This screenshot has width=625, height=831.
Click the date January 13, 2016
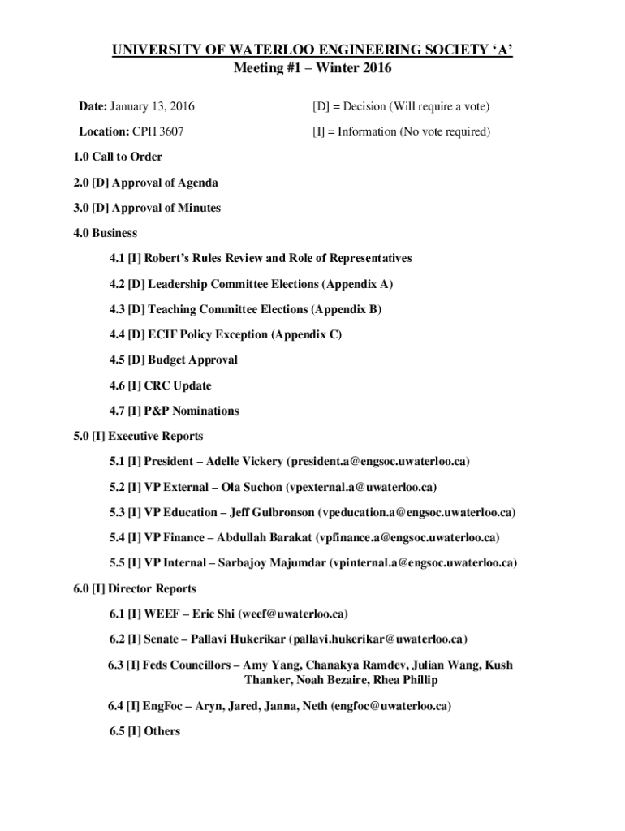click(x=152, y=106)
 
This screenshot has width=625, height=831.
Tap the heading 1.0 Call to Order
click(x=117, y=157)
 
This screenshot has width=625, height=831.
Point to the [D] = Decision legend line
click(x=401, y=106)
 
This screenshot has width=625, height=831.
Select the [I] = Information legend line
click(x=401, y=131)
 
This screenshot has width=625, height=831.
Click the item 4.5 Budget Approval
click(x=174, y=360)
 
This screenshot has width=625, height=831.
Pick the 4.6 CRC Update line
click(x=160, y=385)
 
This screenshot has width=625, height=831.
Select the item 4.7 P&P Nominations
click(x=175, y=411)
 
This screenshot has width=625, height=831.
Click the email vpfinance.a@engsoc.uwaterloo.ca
click(x=407, y=537)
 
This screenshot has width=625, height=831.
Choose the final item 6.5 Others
click(x=144, y=731)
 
